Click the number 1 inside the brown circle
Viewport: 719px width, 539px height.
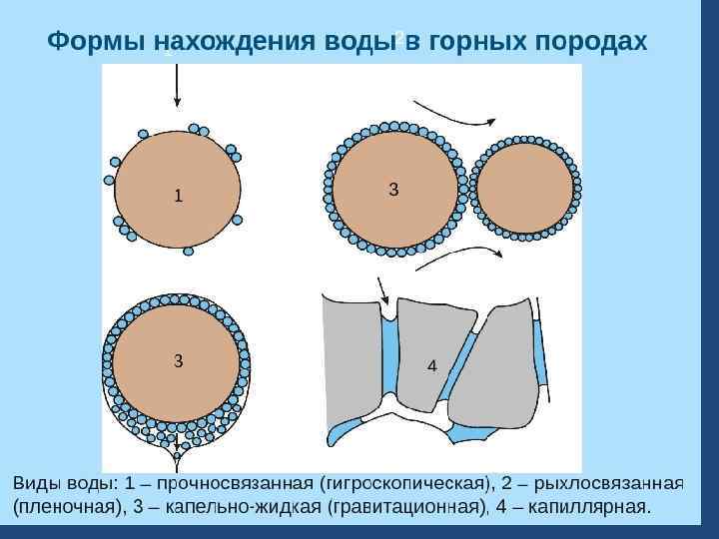pos(179,196)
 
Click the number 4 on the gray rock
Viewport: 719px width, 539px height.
pos(431,366)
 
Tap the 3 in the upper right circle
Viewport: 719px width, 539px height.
pos(393,189)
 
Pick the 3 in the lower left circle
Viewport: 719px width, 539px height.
pos(178,360)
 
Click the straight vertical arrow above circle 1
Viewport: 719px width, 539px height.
pos(177,85)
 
